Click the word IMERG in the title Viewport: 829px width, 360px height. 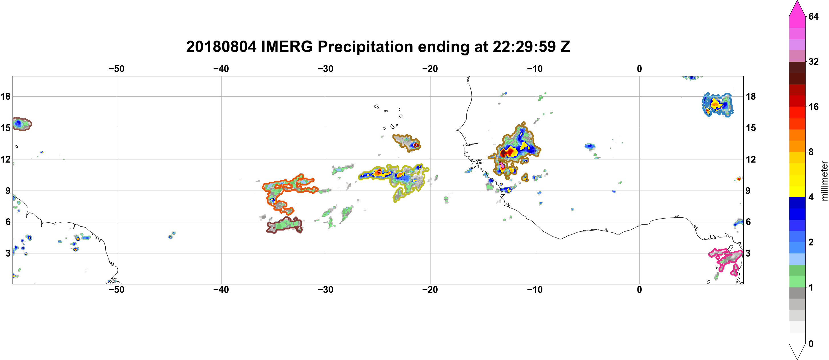click(287, 47)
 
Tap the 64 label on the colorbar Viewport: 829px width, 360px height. click(813, 16)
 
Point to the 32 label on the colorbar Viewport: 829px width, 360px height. click(813, 61)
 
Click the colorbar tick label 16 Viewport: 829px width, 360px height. click(813, 107)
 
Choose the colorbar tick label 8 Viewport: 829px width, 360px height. click(811, 152)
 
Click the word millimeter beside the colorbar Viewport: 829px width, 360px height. click(824, 181)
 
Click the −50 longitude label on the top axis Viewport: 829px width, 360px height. click(116, 69)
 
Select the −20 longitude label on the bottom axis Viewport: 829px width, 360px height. click(430, 290)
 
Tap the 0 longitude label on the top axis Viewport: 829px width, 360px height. click(639, 69)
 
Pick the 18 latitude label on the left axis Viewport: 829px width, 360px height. click(5, 96)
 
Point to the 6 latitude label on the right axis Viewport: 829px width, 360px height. click(748, 222)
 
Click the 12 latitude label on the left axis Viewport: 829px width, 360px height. click(5, 159)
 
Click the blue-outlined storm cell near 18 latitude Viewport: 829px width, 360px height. click(717, 104)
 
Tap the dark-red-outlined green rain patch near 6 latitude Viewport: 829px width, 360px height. click(285, 225)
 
